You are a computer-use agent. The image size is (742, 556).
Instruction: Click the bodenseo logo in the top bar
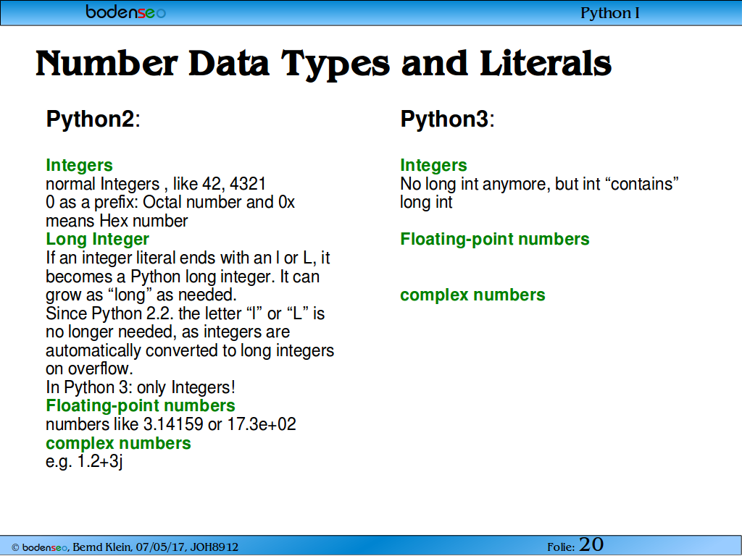coord(126,12)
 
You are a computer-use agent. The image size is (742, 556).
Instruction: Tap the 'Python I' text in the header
coord(610,13)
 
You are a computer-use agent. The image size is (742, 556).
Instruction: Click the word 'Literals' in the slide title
coord(545,64)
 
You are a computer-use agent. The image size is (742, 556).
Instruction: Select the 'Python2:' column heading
coord(93,119)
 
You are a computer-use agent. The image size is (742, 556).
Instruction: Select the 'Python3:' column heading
coord(448,119)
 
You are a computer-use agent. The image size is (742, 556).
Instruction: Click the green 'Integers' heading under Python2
coord(79,165)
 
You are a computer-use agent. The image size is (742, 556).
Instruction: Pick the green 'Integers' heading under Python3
coord(433,165)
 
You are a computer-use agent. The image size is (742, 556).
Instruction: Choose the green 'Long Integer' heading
coord(98,239)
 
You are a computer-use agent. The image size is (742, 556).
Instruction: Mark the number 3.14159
coord(173,424)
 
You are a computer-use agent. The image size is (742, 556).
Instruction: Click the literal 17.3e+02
coord(262,424)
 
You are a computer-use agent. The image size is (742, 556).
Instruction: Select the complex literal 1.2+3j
coord(100,461)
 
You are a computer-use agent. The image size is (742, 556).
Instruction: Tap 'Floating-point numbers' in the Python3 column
coord(495,239)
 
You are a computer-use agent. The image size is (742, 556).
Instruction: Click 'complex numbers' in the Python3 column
coord(472,295)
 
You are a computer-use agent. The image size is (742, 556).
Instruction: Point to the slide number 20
coord(591,544)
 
